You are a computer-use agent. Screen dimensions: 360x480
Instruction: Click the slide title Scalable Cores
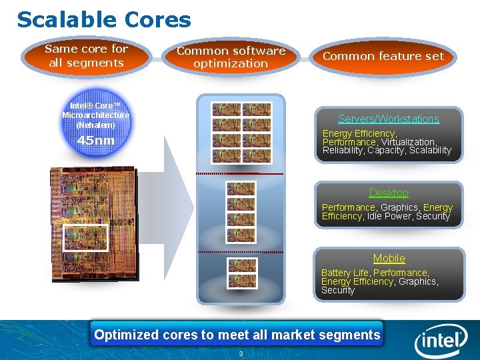point(104,19)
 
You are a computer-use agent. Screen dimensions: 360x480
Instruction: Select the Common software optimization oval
point(231,57)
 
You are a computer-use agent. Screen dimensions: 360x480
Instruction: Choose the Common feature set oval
point(383,57)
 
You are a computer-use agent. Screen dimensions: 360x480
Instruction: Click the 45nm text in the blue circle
point(95,141)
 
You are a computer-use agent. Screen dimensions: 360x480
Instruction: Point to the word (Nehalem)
point(95,125)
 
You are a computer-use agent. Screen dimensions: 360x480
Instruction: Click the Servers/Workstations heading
point(388,119)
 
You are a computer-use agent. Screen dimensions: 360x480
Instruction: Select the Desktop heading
point(388,193)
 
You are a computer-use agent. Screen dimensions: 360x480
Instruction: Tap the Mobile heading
point(389,258)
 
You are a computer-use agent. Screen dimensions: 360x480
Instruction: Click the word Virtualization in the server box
point(408,142)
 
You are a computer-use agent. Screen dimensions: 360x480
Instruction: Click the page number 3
point(241,353)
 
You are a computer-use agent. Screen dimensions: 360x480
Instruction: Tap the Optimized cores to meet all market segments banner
point(237,335)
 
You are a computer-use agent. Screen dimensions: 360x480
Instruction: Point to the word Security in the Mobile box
point(338,290)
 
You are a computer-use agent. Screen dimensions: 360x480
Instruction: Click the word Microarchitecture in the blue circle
point(95,115)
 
